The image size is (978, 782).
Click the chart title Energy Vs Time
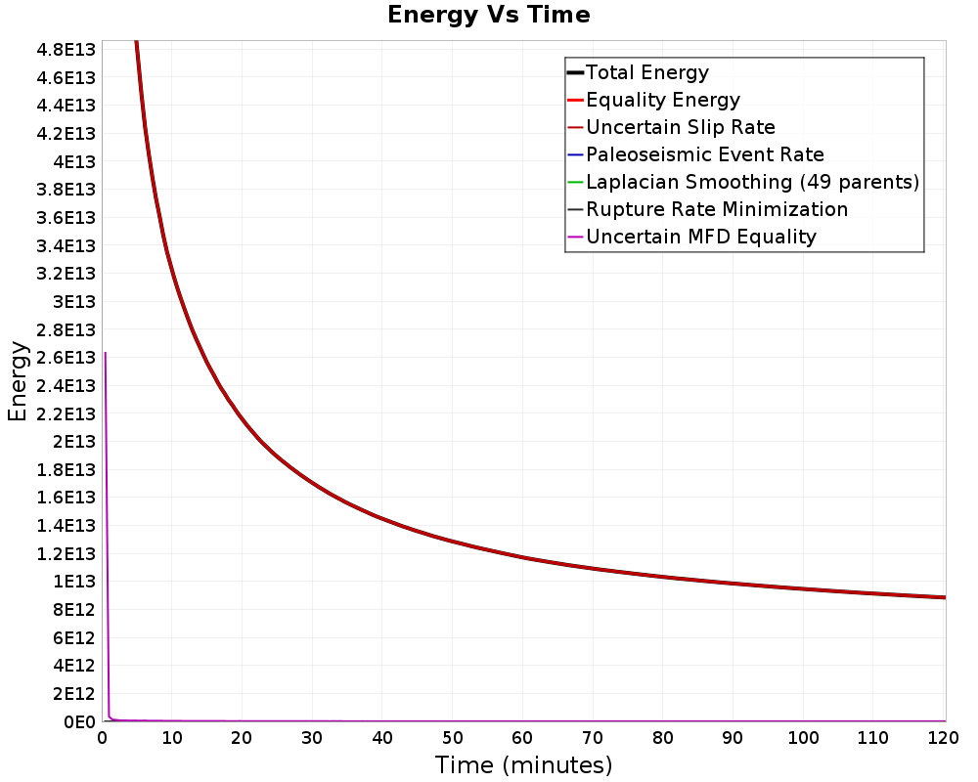tap(488, 15)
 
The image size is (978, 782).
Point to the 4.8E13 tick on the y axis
tap(66, 50)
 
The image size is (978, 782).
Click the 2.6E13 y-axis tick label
tap(66, 358)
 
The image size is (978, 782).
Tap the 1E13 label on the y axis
tap(74, 582)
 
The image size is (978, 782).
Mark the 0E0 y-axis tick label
tap(79, 721)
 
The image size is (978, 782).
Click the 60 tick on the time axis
tap(522, 738)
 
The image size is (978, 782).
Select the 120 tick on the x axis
tap(943, 738)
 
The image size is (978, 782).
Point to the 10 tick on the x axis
tap(172, 738)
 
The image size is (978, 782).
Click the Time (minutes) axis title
tap(523, 765)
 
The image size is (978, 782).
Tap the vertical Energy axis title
tap(18, 381)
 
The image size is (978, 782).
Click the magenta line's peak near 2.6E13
tap(105, 353)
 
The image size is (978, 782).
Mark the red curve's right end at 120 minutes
tap(946, 597)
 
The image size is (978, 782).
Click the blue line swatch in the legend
tap(575, 154)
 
